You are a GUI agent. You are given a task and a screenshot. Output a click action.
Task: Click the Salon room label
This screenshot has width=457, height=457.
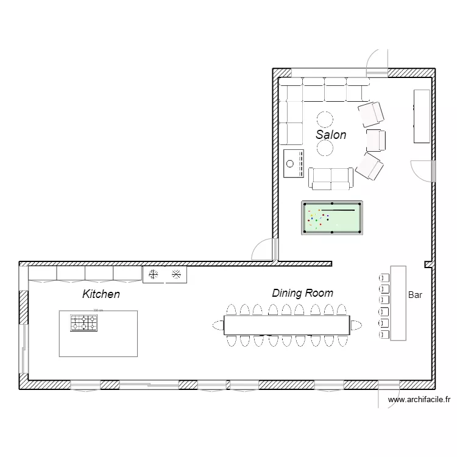(x=331, y=135)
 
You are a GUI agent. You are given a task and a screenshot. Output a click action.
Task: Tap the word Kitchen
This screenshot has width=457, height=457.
(x=101, y=294)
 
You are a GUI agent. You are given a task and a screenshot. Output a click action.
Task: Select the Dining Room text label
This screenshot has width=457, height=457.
(x=302, y=293)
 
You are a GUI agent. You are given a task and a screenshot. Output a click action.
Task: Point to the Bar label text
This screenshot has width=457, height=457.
(x=415, y=296)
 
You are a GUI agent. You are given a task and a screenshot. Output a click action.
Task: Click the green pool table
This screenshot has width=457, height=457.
(x=331, y=218)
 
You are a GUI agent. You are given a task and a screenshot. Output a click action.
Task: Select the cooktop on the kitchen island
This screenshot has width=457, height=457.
(x=83, y=323)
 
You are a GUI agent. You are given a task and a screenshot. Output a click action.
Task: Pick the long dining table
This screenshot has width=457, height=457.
(x=286, y=325)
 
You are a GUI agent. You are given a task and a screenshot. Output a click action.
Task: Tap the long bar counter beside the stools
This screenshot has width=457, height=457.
(x=399, y=303)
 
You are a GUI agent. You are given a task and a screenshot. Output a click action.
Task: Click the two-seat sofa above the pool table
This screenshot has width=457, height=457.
(x=330, y=177)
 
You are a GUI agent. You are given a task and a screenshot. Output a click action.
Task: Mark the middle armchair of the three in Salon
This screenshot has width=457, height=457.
(x=376, y=139)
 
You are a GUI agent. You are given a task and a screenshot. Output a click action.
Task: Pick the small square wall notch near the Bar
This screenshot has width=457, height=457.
(x=428, y=264)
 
